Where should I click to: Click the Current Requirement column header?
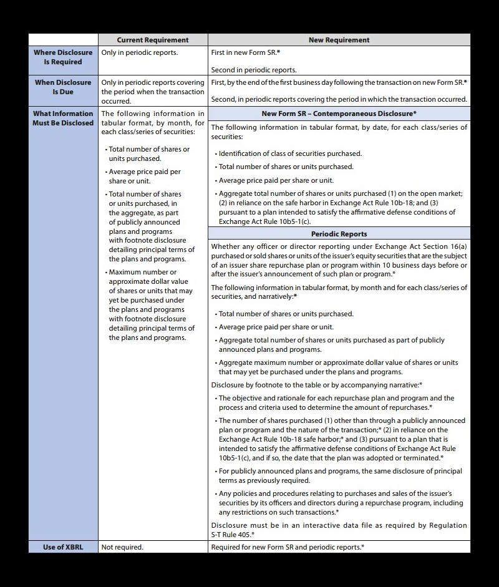pyautogui.click(x=153, y=40)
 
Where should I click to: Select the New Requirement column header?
pyautogui.click(x=339, y=40)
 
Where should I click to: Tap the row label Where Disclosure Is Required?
pyautogui.click(x=62, y=57)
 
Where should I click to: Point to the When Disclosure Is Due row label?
pyautogui.click(x=62, y=87)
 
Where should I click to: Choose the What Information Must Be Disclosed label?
pyautogui.click(x=62, y=118)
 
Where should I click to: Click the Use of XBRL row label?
pyautogui.click(x=62, y=547)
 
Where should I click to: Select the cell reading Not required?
pyautogui.click(x=122, y=547)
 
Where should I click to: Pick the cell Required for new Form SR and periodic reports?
pyautogui.click(x=288, y=547)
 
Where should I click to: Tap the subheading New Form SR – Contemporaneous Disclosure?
pyautogui.click(x=339, y=114)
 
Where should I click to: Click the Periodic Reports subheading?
pyautogui.click(x=339, y=234)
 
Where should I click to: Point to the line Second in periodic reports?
pyautogui.click(x=254, y=70)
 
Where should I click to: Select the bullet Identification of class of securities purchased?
pyautogui.click(x=290, y=153)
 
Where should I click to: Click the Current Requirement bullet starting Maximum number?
pyautogui.click(x=150, y=304)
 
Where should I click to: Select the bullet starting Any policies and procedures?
pyautogui.click(x=340, y=503)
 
